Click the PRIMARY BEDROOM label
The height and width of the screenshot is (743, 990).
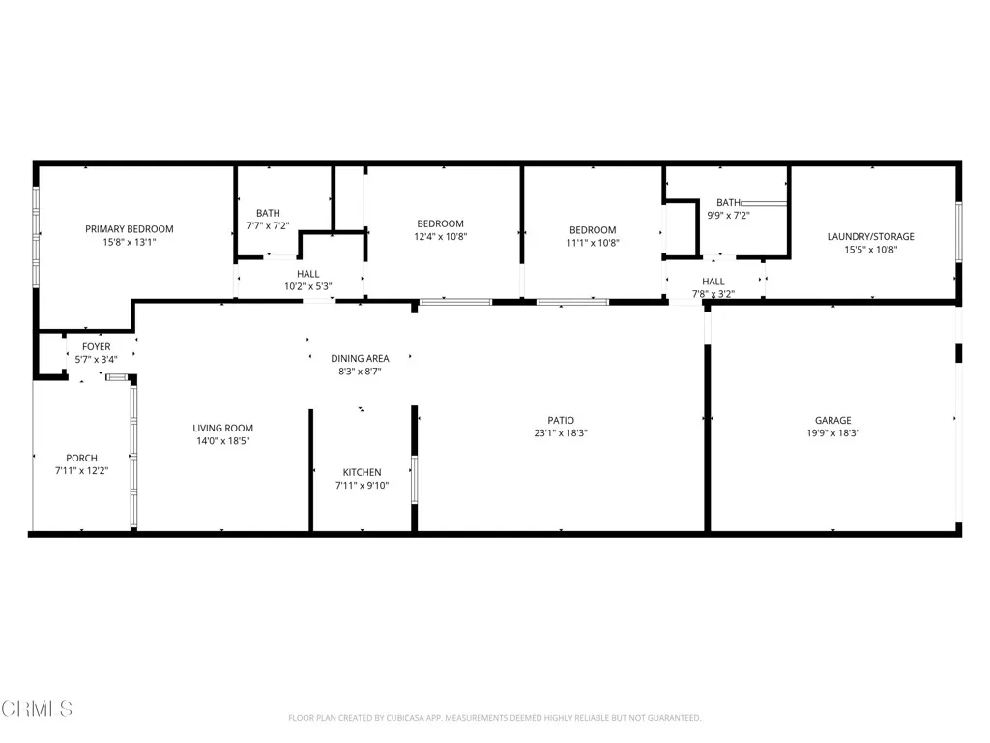coord(130,229)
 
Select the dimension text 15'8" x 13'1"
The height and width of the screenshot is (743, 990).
coord(130,243)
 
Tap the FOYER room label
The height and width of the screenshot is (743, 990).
coord(96,346)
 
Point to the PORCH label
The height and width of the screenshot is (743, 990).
coord(81,458)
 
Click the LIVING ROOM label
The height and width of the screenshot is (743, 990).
coord(222,428)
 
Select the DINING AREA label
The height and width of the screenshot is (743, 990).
coord(360,358)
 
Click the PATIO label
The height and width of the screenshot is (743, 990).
coord(561,420)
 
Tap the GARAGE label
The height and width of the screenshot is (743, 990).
coord(832,420)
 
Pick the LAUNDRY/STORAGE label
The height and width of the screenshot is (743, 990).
coord(870,236)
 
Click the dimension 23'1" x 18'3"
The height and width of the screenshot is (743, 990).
coord(561,433)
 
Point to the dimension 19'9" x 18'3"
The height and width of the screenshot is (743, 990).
coord(832,433)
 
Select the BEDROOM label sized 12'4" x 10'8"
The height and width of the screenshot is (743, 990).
coord(441,223)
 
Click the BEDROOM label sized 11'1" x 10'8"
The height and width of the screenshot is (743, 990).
coord(592,230)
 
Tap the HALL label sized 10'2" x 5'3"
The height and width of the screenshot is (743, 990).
coord(308,274)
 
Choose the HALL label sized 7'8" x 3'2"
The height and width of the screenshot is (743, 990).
coord(713,281)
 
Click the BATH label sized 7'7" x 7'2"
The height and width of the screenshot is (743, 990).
coord(268,213)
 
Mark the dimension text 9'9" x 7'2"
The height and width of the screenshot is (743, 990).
coord(729,216)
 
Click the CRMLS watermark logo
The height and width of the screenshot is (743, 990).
coord(37,709)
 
